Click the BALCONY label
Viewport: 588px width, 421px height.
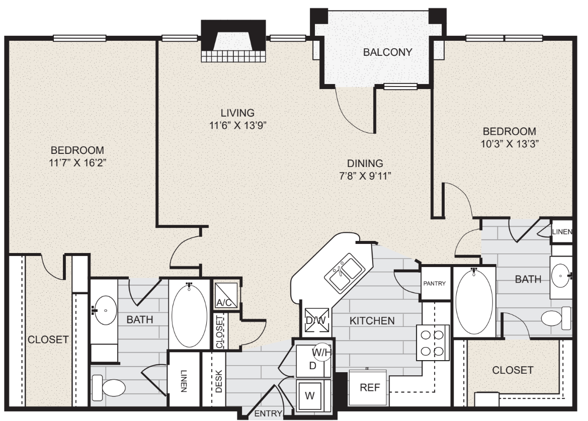[x=388, y=52]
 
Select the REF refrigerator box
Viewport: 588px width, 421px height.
[x=368, y=388]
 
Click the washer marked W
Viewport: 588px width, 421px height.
[x=310, y=394]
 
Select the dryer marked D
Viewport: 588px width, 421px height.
[x=312, y=365]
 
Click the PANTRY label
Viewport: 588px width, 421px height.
[x=434, y=283]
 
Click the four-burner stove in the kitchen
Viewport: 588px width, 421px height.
[x=432, y=343]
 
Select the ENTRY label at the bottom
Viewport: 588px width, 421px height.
[x=268, y=414]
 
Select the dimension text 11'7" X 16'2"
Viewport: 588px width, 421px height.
[x=77, y=162]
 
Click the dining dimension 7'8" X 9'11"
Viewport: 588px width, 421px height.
[x=365, y=176]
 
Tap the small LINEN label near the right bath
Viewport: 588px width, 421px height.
[x=561, y=232]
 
